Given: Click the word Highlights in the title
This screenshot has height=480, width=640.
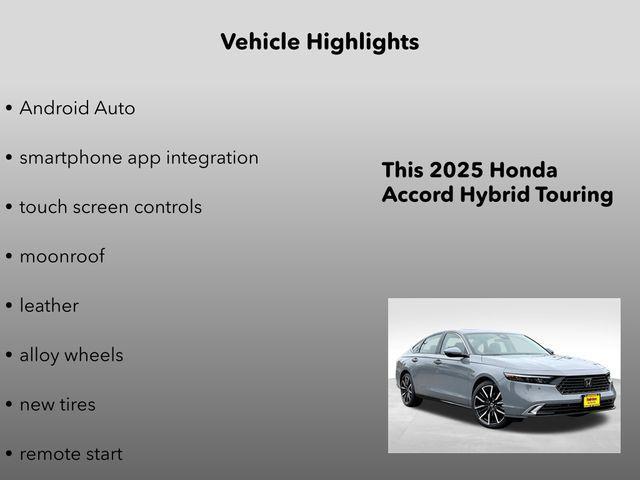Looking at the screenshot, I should (364, 42).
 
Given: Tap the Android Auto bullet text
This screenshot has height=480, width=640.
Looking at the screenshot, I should (77, 108).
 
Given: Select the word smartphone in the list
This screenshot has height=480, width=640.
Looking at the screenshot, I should (69, 158).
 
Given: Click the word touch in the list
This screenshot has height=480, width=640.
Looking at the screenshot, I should (42, 207).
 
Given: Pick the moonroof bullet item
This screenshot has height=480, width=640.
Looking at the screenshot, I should (62, 256).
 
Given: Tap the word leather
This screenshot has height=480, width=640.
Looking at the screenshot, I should (49, 306).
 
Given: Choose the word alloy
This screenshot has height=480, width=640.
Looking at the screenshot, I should (39, 355).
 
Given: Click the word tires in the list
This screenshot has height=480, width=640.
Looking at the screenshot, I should (77, 405).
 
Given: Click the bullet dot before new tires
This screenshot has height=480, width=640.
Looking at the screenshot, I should (9, 405).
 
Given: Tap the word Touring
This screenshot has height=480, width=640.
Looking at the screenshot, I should (574, 195).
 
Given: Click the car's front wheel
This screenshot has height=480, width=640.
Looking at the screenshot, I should (489, 405).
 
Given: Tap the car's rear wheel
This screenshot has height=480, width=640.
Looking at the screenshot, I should (408, 388).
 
